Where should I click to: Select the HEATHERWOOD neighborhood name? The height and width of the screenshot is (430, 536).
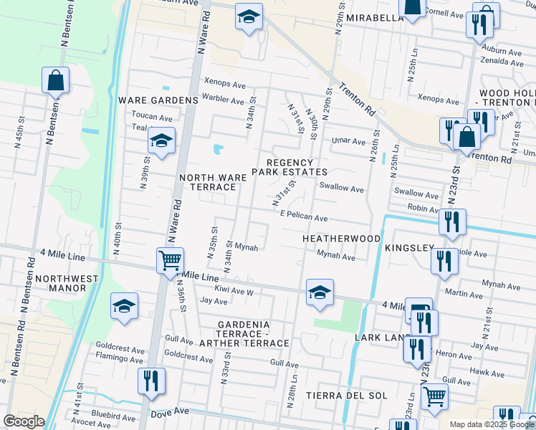[x=341, y=238]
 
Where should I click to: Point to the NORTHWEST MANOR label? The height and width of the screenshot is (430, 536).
[x=45, y=284]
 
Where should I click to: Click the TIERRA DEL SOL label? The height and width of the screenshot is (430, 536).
[x=346, y=396]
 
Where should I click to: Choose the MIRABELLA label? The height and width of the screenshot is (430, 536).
[x=375, y=18]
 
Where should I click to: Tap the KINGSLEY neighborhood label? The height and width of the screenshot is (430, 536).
[x=409, y=248]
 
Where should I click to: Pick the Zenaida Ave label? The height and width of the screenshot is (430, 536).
[x=503, y=62]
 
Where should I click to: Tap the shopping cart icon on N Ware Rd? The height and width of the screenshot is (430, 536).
[x=171, y=261]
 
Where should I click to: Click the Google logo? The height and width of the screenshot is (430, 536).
[x=24, y=421]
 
